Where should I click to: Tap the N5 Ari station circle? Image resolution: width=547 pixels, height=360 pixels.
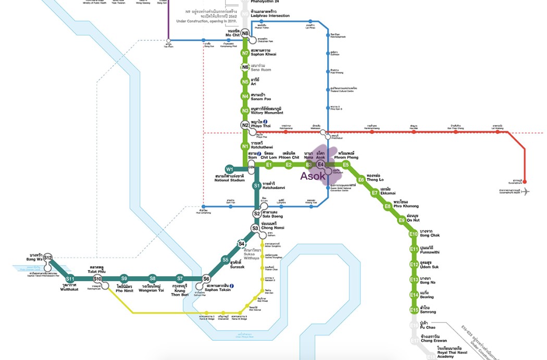(x=245, y=81)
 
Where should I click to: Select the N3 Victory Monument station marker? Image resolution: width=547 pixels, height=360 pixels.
(x=245, y=110)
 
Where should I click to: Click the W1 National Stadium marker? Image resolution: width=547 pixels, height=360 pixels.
(x=229, y=169)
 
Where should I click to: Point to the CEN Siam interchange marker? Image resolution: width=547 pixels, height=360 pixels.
(x=251, y=167)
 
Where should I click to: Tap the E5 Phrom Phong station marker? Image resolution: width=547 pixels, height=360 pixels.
(x=345, y=165)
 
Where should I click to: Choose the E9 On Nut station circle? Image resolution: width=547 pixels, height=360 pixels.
(x=401, y=220)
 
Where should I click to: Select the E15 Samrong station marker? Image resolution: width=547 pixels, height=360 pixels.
(x=414, y=309)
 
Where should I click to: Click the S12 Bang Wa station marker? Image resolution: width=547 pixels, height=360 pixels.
(x=48, y=258)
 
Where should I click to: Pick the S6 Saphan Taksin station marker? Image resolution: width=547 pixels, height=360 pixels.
(x=206, y=279)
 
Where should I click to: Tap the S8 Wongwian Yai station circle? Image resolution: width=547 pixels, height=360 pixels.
(x=152, y=278)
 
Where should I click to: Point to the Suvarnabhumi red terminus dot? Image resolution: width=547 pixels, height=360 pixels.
(x=524, y=182)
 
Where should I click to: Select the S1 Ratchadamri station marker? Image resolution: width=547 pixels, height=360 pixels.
(x=256, y=185)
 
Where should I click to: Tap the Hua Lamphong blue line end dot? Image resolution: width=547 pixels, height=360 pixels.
(x=204, y=207)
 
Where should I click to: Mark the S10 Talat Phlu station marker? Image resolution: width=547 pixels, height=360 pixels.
(x=97, y=279)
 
